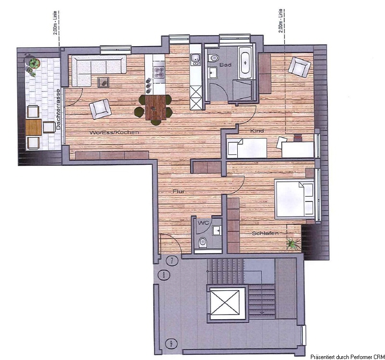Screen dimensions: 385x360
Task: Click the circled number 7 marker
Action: [172, 261]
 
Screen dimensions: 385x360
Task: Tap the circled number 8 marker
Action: [164, 275]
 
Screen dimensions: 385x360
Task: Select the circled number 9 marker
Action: [171, 344]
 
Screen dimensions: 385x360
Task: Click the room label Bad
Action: [225, 65]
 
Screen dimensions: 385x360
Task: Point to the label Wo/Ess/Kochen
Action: [114, 133]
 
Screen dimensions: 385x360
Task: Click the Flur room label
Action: [179, 191]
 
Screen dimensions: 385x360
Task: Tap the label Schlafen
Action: [265, 233]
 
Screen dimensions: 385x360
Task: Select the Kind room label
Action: [257, 131]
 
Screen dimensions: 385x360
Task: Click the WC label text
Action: [204, 223]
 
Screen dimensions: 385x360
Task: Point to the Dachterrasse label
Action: [58, 110]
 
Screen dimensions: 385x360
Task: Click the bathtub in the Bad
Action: [245, 62]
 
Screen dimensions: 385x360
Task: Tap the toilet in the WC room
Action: [203, 242]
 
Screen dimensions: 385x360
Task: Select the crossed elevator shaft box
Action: [225, 302]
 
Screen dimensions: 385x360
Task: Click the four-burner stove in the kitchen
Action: [159, 71]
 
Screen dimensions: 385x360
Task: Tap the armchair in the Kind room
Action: [299, 67]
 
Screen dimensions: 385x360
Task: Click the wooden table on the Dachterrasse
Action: [33, 127]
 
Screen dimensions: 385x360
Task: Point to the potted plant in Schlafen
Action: [293, 244]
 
